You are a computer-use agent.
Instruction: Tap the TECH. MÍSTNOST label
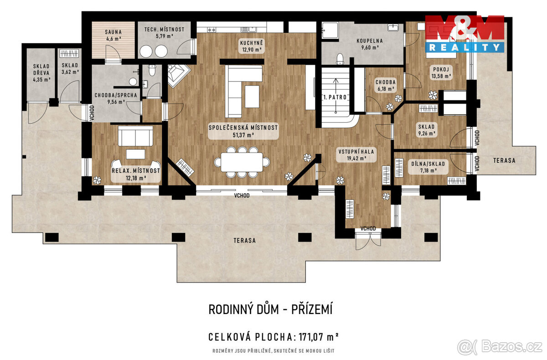[x=165, y=33]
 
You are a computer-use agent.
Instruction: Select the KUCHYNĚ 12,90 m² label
[x=252, y=46]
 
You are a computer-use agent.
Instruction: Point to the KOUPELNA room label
[x=369, y=43]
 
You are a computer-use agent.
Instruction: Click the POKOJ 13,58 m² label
[x=440, y=72]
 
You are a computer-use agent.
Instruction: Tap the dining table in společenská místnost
[x=242, y=161]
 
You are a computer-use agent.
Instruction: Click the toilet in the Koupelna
[x=340, y=59]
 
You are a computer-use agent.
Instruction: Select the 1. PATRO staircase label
[x=335, y=98]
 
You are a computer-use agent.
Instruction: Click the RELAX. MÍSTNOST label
[x=136, y=174]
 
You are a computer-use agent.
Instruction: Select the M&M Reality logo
[x=464, y=33]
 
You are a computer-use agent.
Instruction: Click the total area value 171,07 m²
[x=318, y=337]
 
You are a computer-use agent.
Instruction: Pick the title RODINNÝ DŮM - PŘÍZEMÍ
[x=271, y=310]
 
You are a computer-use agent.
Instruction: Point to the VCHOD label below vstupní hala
[x=368, y=228]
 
